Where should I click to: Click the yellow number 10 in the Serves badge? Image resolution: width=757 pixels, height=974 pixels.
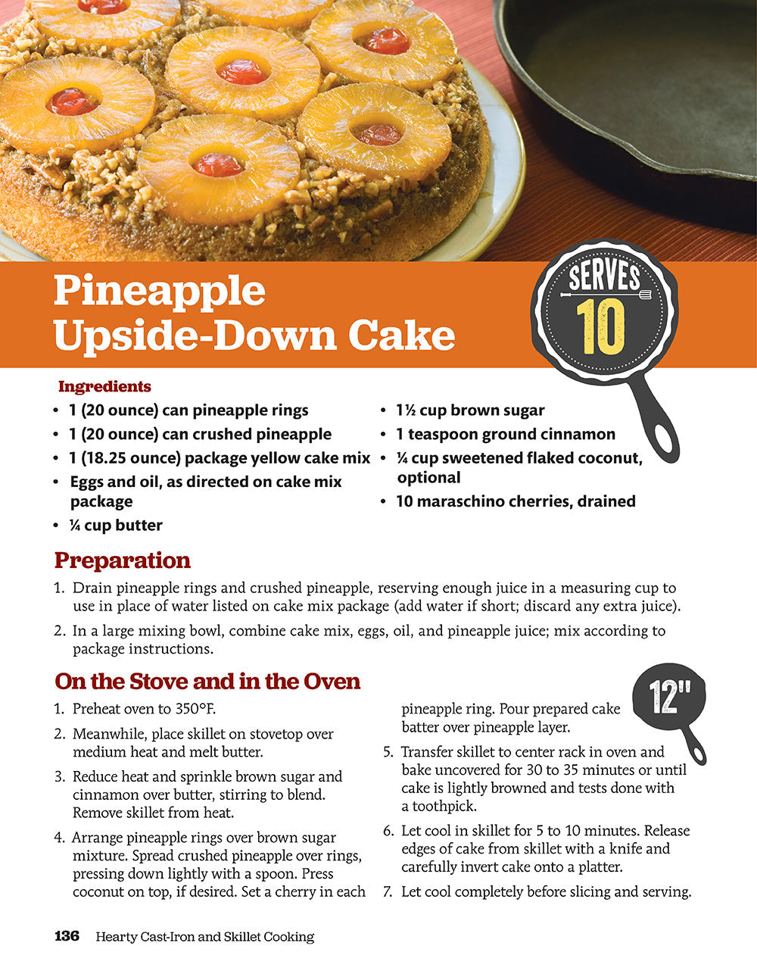(600, 326)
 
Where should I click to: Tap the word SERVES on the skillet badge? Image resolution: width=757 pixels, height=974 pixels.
(604, 277)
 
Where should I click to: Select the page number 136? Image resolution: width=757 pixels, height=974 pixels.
(67, 936)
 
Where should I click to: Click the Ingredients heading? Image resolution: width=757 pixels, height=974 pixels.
(104, 386)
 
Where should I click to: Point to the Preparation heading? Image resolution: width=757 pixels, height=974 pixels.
(123, 560)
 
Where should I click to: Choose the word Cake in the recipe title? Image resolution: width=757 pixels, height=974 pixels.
(401, 336)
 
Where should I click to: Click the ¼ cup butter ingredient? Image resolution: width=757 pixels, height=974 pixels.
(116, 525)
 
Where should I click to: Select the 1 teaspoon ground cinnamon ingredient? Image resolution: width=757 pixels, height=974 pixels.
(506, 434)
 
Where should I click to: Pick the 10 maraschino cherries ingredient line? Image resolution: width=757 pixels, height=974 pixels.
(516, 501)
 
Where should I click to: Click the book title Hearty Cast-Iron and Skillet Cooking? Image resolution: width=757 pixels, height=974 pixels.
(204, 937)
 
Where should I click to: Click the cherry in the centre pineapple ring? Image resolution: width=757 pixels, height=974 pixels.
(242, 72)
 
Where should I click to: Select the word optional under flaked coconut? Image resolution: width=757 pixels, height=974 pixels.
(428, 478)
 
